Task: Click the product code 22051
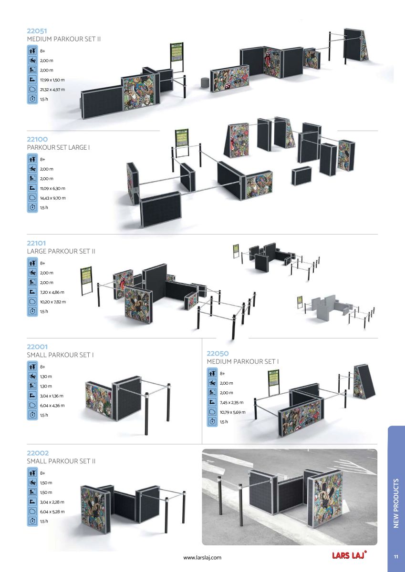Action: click(x=37, y=31)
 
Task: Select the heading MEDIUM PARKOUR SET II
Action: click(x=63, y=39)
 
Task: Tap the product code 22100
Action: click(x=37, y=140)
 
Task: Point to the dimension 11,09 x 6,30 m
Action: click(x=53, y=188)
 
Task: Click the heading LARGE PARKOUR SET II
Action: click(x=61, y=251)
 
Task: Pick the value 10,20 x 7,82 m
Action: click(x=53, y=302)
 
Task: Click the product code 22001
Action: click(x=37, y=347)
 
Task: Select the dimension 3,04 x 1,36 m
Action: click(x=52, y=396)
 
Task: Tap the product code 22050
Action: click(x=218, y=354)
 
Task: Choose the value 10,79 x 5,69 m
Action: click(x=233, y=412)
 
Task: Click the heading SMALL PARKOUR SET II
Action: click(x=61, y=461)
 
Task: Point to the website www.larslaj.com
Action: click(x=202, y=557)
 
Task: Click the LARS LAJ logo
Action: click(x=349, y=555)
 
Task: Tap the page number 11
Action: click(x=396, y=557)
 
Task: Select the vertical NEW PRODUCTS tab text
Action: click(x=396, y=503)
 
